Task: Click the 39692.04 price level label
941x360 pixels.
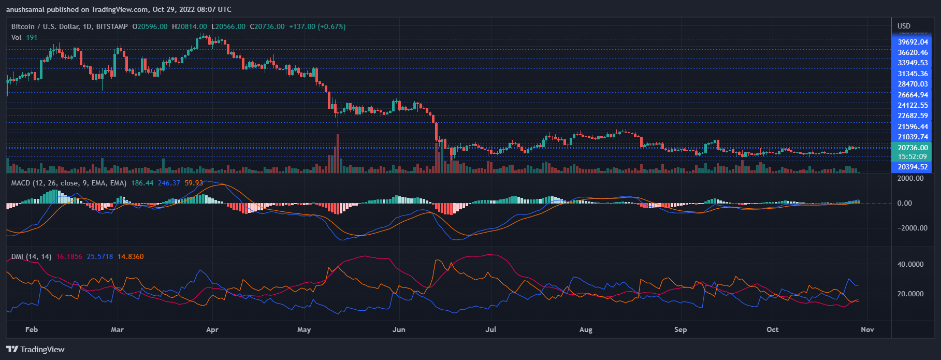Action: coord(913,42)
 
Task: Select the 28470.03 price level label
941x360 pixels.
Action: coord(913,84)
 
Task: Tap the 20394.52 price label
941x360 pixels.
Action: coord(913,167)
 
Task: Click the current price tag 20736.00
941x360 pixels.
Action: coord(913,148)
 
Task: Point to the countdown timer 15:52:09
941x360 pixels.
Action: coord(913,156)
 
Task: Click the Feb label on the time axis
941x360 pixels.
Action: coord(32,329)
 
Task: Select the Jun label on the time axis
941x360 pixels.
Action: coord(399,329)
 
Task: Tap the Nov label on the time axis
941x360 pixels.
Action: coord(867,329)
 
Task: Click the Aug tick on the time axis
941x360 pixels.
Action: coord(586,329)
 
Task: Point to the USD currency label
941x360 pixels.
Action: coord(904,26)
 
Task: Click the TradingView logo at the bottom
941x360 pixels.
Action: coord(36,349)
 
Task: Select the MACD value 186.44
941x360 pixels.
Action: coord(142,183)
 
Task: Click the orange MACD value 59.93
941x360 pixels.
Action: coord(194,183)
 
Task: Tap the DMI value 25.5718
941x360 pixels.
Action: coord(100,256)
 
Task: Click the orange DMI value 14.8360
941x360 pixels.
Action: coord(131,256)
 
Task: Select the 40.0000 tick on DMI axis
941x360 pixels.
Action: coord(910,264)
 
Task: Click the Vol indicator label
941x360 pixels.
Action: coord(17,37)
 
